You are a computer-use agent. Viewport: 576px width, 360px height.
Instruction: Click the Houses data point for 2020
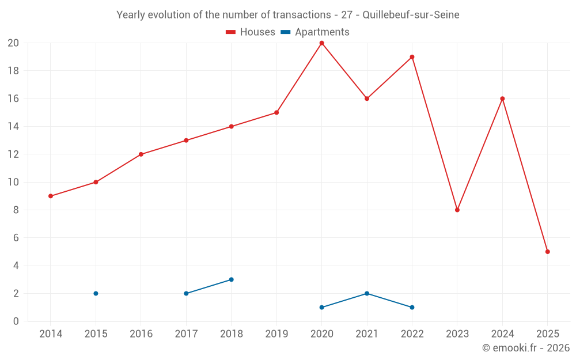tap(321, 43)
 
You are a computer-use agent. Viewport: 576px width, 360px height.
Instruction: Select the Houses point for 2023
tap(457, 210)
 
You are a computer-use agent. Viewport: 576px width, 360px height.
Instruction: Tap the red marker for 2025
tap(548, 252)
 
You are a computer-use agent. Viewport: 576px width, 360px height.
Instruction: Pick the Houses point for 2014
tap(51, 196)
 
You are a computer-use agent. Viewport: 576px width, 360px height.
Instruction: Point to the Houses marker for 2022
tap(412, 57)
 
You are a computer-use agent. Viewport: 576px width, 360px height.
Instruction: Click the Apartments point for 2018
tap(231, 279)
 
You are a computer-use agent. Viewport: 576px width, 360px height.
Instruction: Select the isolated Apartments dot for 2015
tap(96, 293)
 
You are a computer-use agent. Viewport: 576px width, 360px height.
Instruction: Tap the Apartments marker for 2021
tap(367, 293)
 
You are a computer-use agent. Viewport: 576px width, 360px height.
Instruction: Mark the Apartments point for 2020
tap(321, 307)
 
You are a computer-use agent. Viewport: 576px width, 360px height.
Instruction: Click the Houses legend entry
tap(251, 32)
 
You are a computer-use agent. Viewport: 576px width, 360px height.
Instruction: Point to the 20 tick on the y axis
tap(13, 43)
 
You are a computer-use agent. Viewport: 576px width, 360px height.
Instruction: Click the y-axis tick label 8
tap(16, 210)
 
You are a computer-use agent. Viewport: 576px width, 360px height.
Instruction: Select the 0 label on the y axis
tap(16, 321)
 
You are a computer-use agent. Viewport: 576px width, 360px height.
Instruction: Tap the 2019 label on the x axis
tap(276, 334)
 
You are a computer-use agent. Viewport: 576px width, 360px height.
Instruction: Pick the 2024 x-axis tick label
tap(502, 334)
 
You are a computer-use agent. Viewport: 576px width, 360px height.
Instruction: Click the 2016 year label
tap(141, 334)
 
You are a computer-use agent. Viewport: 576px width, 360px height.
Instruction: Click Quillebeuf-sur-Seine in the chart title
tap(411, 15)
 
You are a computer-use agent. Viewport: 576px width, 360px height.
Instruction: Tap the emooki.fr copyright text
tap(526, 348)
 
